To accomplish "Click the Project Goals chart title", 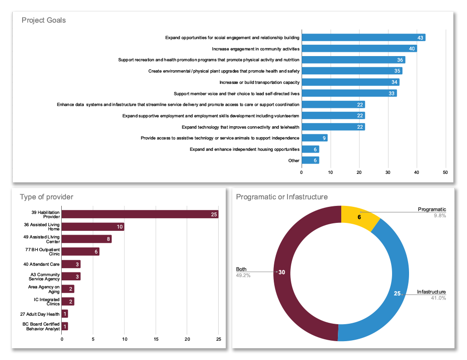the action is click(x=43, y=20).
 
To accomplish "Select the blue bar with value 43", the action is click(x=363, y=38).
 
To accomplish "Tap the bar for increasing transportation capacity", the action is click(x=351, y=82).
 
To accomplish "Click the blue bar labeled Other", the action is click(x=311, y=160).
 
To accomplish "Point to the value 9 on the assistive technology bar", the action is click(x=324, y=138).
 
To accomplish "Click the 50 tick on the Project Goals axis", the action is click(x=445, y=172).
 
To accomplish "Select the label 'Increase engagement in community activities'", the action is click(x=255, y=49).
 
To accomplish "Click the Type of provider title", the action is click(x=47, y=197).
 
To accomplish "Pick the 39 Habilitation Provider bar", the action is click(x=140, y=214).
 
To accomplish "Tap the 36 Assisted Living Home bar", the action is click(x=93, y=227).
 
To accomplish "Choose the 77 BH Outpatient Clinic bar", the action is click(x=81, y=252).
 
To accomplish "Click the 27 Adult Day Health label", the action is click(x=40, y=314).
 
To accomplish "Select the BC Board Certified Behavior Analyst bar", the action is click(x=65, y=327).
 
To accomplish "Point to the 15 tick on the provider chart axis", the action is click(x=156, y=339).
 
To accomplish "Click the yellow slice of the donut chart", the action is click(x=359, y=217).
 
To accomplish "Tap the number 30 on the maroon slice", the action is click(x=282, y=272).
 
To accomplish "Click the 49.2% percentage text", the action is click(x=243, y=276).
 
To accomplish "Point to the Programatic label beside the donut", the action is click(x=432, y=209).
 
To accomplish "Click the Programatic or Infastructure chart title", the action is click(x=282, y=197).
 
